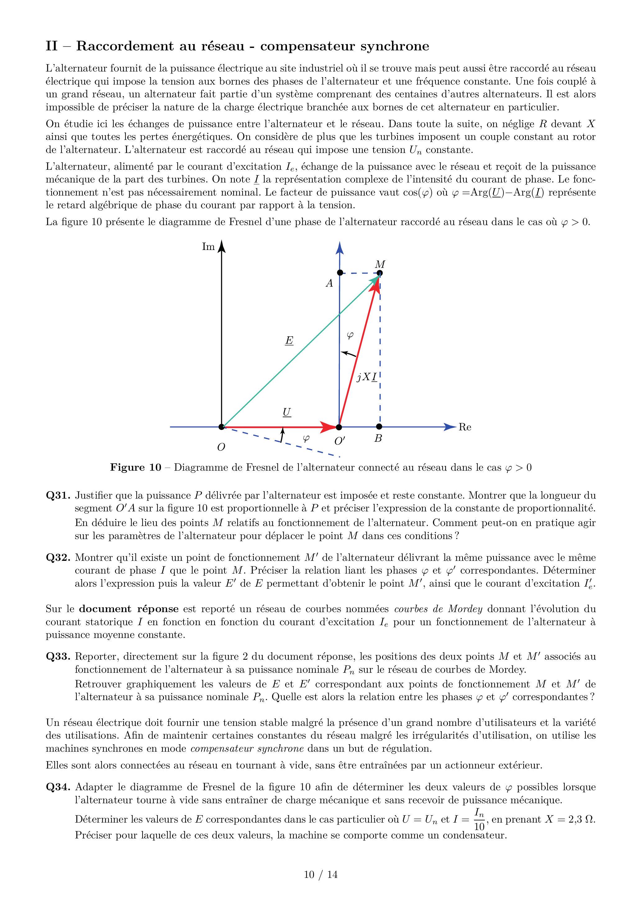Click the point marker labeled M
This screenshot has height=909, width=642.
pyautogui.click(x=380, y=273)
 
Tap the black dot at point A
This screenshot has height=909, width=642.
pyautogui.click(x=339, y=273)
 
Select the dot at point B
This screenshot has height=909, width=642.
pyautogui.click(x=379, y=427)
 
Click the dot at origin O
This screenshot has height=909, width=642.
pyautogui.click(x=221, y=427)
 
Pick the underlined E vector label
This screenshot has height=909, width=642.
pyautogui.click(x=289, y=340)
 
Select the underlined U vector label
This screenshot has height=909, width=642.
pyautogui.click(x=287, y=413)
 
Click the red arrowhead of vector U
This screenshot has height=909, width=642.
pyautogui.click(x=328, y=427)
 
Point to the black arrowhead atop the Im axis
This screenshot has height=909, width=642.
pyautogui.click(x=222, y=246)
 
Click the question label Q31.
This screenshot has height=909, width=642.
pyautogui.click(x=58, y=495)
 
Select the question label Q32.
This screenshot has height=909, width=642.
pyautogui.click(x=58, y=557)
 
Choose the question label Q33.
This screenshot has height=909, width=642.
pyautogui.click(x=58, y=656)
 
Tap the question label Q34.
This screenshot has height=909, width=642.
pyautogui.click(x=58, y=787)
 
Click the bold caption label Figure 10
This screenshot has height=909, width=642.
pyautogui.click(x=136, y=468)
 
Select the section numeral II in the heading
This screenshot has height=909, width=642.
pyautogui.click(x=52, y=46)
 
